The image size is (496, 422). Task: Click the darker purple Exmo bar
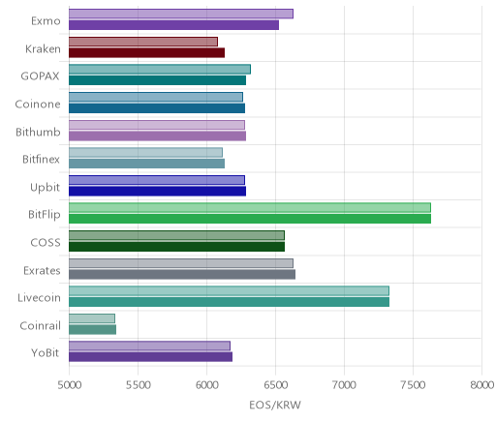point(173,25)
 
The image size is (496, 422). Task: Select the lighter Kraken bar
point(143,42)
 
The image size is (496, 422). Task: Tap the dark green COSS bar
point(176,247)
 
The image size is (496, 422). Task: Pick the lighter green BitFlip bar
point(250,208)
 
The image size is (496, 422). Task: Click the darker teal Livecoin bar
point(229,302)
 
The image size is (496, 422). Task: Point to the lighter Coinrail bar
point(92,318)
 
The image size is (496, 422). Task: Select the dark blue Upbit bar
point(157,192)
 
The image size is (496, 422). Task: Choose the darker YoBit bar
point(150,357)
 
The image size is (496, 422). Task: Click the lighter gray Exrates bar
point(181,263)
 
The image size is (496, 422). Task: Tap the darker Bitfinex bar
point(146,164)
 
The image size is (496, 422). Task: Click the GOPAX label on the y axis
point(40,76)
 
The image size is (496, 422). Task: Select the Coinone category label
point(38,104)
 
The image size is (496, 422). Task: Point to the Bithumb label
point(38,132)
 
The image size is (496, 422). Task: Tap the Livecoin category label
point(39,297)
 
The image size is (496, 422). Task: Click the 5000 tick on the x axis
point(70,385)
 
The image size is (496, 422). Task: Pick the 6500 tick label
point(276,385)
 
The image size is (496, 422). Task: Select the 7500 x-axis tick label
point(413,385)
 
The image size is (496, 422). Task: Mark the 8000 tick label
point(481,385)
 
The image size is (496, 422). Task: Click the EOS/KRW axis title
point(275,405)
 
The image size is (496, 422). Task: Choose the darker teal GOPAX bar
point(157,80)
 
